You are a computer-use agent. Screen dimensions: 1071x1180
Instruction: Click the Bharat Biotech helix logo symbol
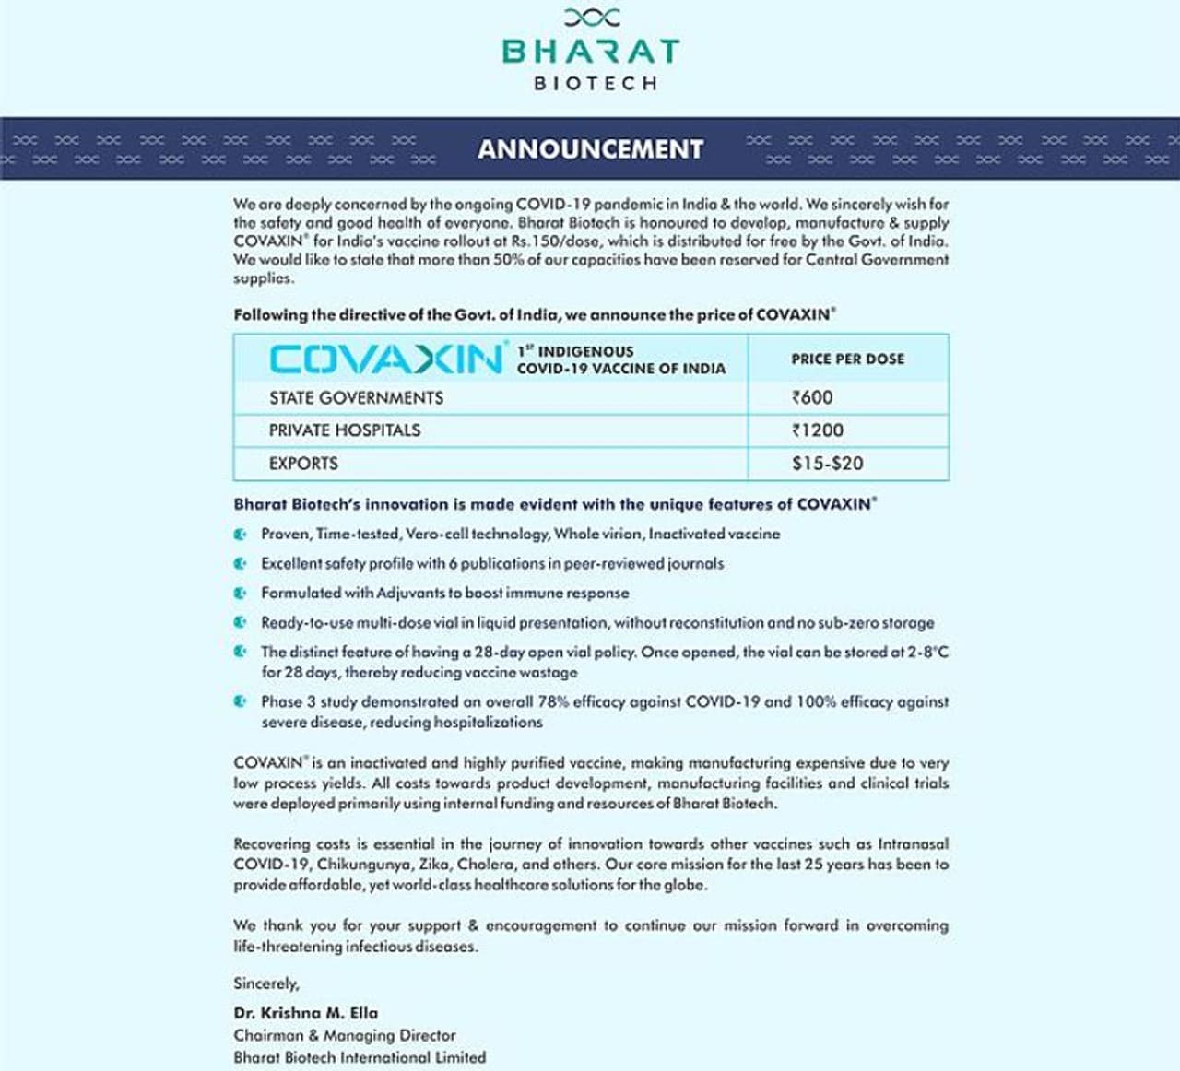coord(591,17)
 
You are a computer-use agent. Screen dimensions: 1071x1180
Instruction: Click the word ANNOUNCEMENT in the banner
coord(590,148)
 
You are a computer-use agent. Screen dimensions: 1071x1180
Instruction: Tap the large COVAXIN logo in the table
coord(387,359)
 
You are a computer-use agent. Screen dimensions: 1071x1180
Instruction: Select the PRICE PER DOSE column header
coord(847,359)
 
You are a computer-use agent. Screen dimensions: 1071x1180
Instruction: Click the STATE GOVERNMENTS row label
coord(356,398)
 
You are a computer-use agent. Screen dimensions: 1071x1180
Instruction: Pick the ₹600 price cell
coord(812,397)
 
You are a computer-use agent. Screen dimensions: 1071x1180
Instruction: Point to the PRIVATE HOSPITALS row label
coord(344,430)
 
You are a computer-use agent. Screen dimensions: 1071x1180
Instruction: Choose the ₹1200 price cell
coord(817,430)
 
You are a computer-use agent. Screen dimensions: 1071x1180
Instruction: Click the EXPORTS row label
coord(303,464)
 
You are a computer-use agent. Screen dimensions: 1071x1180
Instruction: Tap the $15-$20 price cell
coord(827,464)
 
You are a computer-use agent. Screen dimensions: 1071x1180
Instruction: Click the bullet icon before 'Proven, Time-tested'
coord(241,535)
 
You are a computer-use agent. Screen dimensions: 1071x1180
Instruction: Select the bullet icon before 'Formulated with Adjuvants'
coord(241,594)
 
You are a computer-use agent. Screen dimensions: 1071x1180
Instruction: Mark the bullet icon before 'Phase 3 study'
coord(241,701)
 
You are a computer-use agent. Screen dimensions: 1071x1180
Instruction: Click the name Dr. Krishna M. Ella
coord(305,1012)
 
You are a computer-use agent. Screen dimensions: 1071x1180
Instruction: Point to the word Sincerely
coord(265,983)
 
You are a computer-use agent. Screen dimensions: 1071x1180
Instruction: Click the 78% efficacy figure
coord(553,701)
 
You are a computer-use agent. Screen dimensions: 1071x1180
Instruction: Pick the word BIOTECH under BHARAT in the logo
coord(596,83)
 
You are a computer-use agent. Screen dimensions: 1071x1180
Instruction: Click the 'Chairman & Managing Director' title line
coord(344,1035)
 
